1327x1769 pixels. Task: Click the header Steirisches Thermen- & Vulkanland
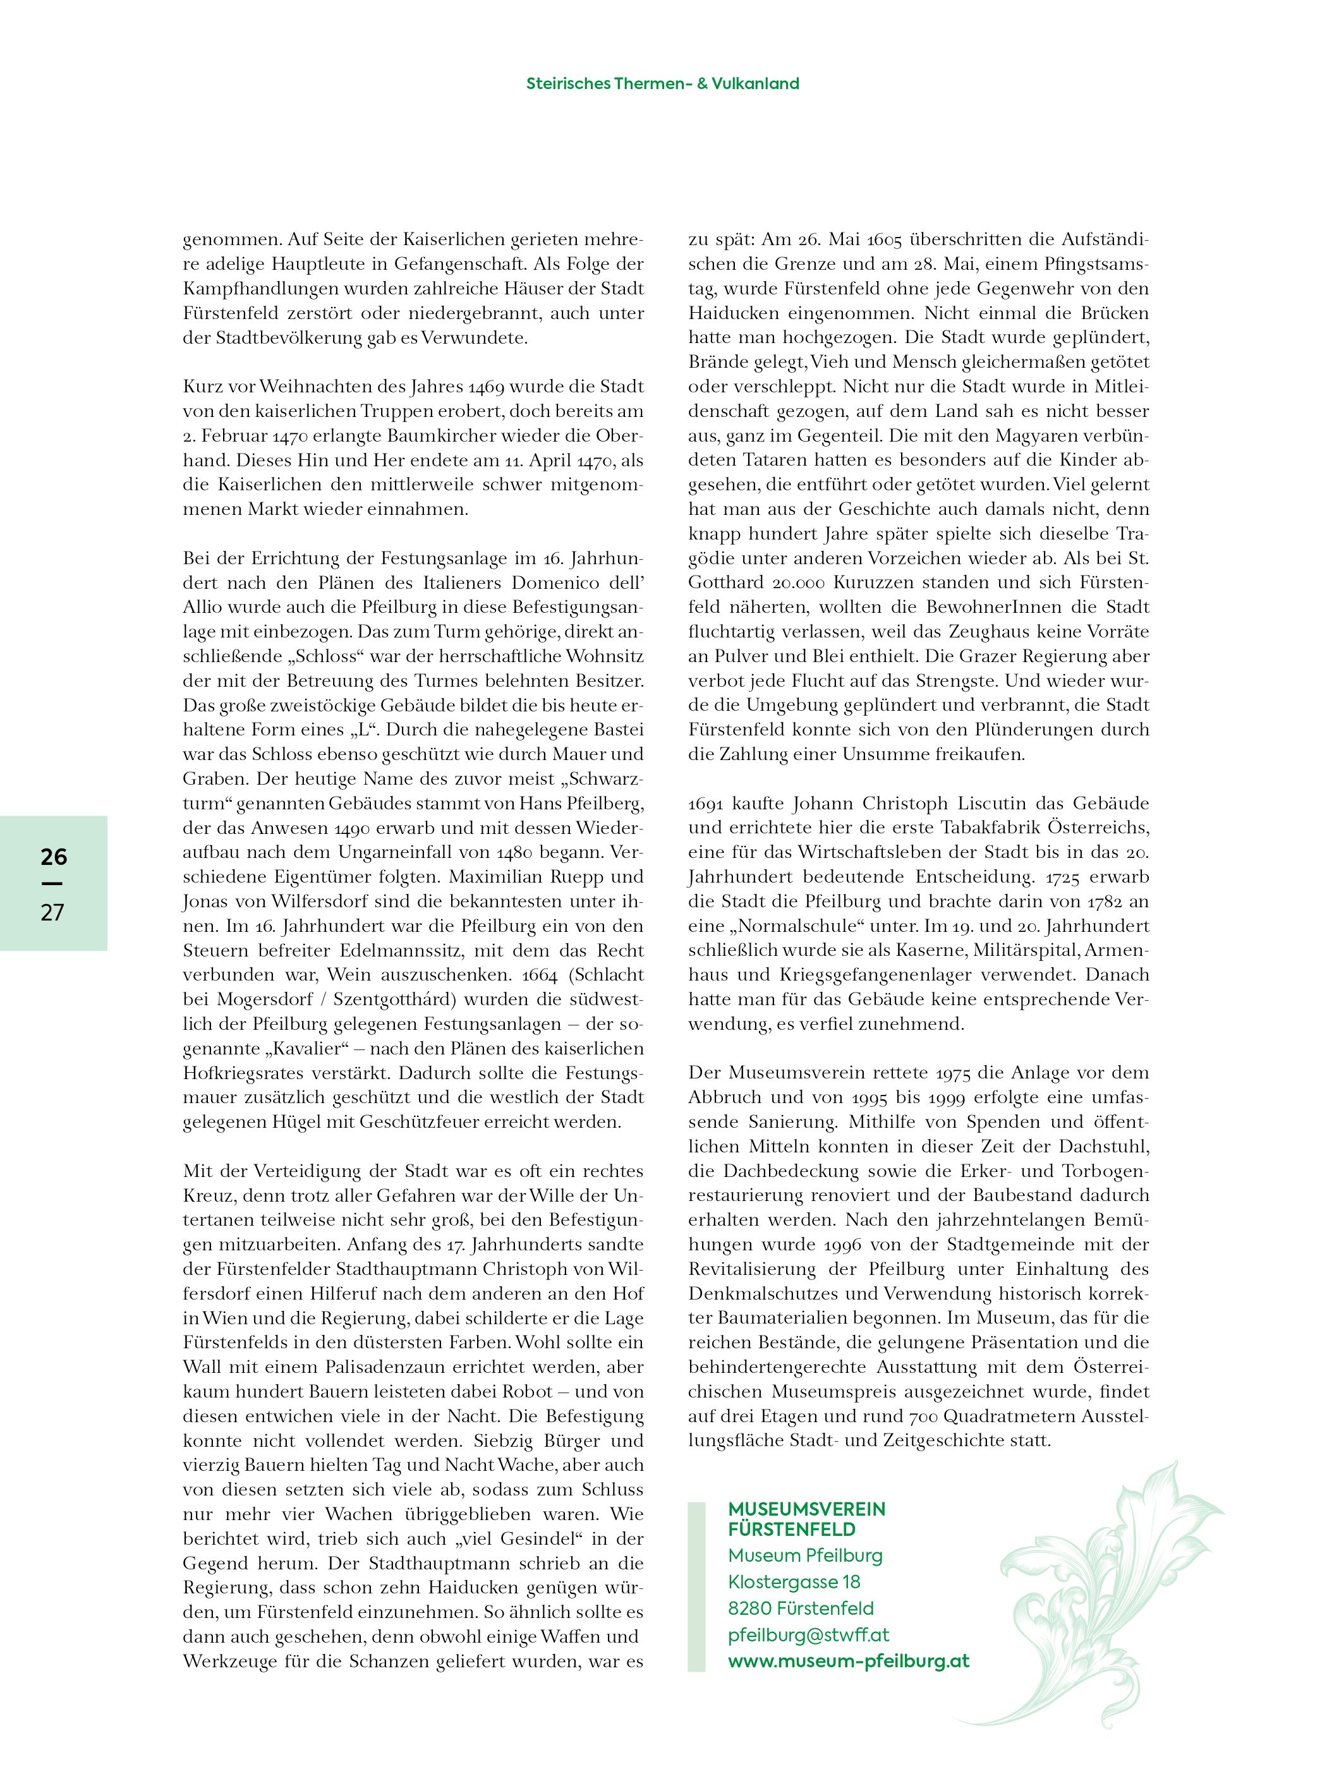[662, 83]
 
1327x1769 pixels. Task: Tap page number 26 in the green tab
[54, 857]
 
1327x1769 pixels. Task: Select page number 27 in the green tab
[53, 912]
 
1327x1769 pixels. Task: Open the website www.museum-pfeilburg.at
[848, 1661]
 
